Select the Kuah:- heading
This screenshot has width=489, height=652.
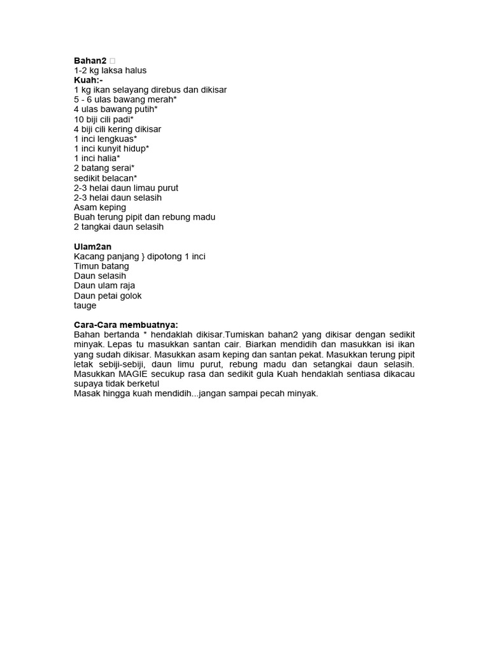pos(89,80)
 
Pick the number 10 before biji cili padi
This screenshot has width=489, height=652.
pos(79,119)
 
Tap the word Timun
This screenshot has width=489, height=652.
pos(86,266)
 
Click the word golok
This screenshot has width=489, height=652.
pos(129,295)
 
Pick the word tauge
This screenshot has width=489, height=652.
pos(85,305)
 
